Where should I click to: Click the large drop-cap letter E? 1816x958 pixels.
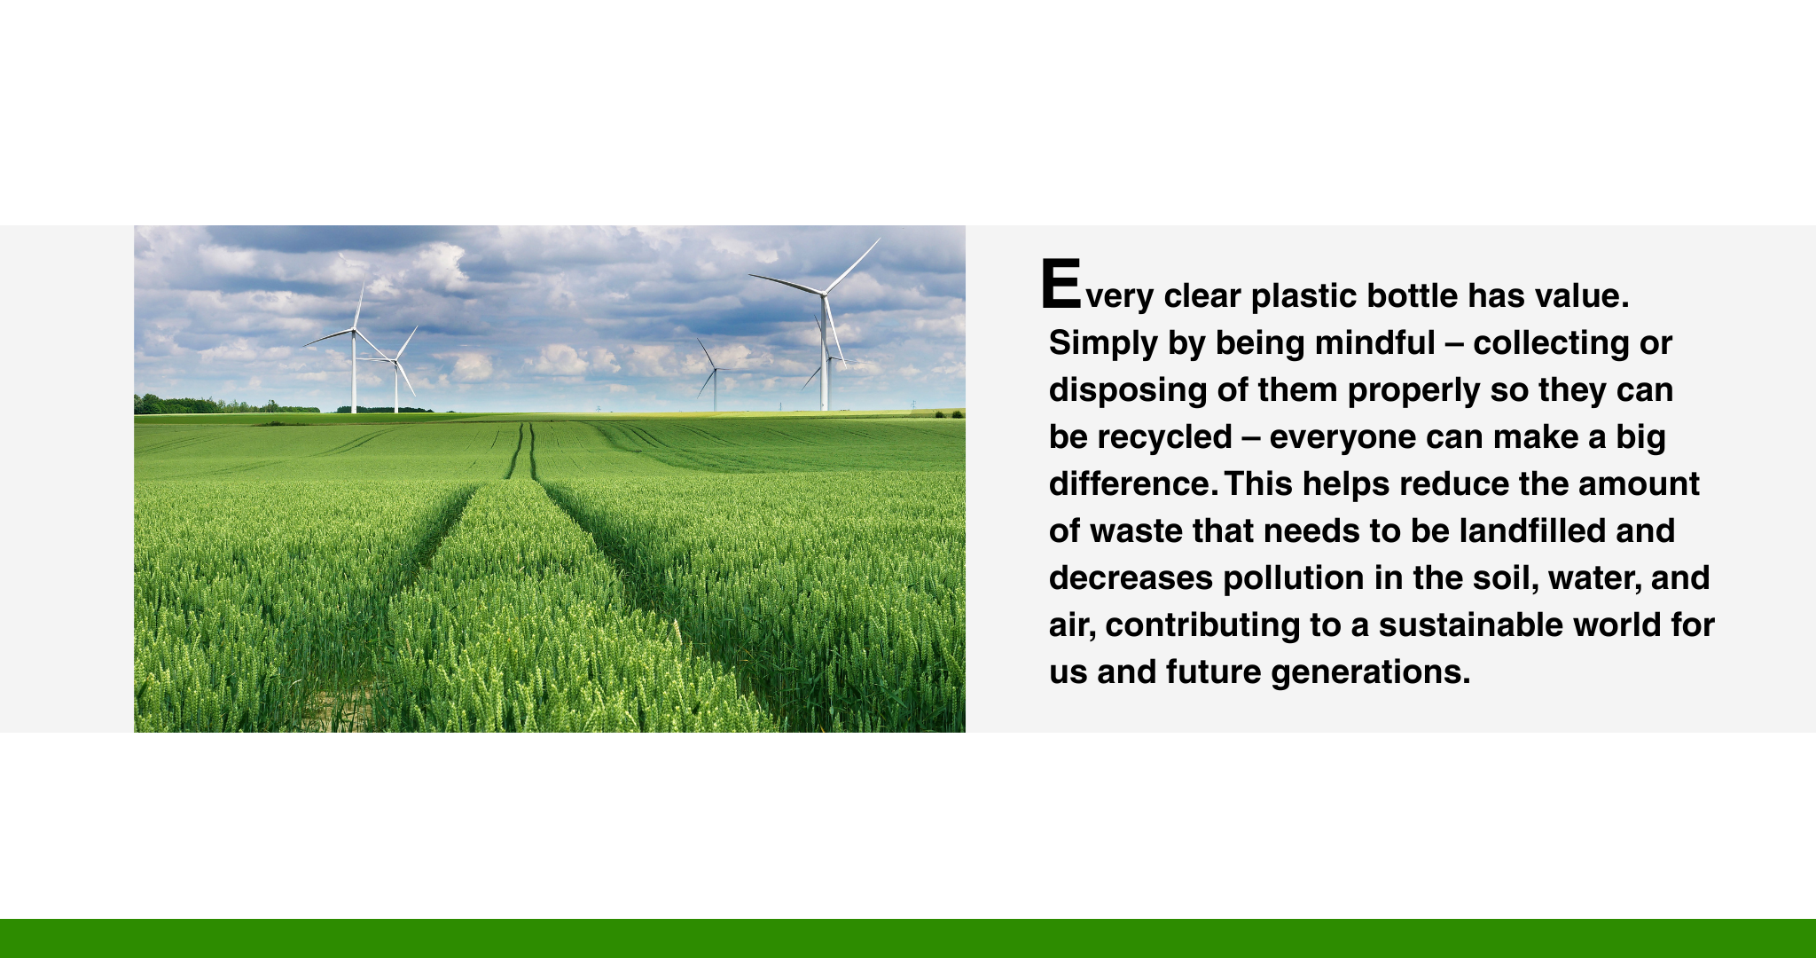coord(1061,284)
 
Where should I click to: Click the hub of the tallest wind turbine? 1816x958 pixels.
coord(824,292)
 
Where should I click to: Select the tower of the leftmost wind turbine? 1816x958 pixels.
coord(354,373)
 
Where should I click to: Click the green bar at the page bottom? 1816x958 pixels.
coord(908,938)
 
